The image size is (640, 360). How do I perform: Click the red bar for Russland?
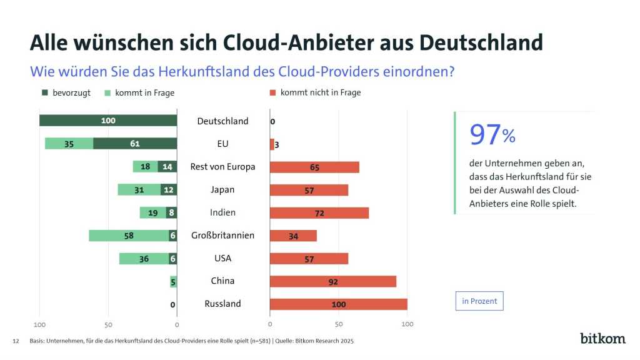pyautogui.click(x=338, y=304)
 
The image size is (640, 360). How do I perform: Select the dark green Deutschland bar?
pyautogui.click(x=108, y=121)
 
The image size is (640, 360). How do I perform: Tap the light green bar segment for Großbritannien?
pyautogui.click(x=129, y=236)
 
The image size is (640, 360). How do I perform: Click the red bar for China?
pyautogui.click(x=333, y=281)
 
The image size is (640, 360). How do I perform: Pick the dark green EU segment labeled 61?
pyautogui.click(x=135, y=144)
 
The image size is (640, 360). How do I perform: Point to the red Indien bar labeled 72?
pyautogui.click(x=319, y=212)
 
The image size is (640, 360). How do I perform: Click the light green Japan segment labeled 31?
pyautogui.click(x=139, y=189)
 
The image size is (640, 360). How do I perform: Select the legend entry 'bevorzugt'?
pyautogui.click(x=66, y=92)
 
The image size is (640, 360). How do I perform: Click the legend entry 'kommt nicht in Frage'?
pyautogui.click(x=315, y=92)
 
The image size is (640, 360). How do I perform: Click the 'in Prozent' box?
pyautogui.click(x=479, y=301)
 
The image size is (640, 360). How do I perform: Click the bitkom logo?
pyautogui.click(x=602, y=338)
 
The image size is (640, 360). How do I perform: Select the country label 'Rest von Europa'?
pyautogui.click(x=222, y=167)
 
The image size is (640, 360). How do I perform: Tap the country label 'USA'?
pyautogui.click(x=222, y=258)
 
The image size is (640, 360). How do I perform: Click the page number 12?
pyautogui.click(x=16, y=341)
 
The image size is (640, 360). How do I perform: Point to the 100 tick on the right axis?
pyautogui.click(x=407, y=325)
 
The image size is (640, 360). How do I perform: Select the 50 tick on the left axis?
pyautogui.click(x=108, y=325)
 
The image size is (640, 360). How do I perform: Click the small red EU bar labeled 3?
pyautogui.click(x=272, y=144)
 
